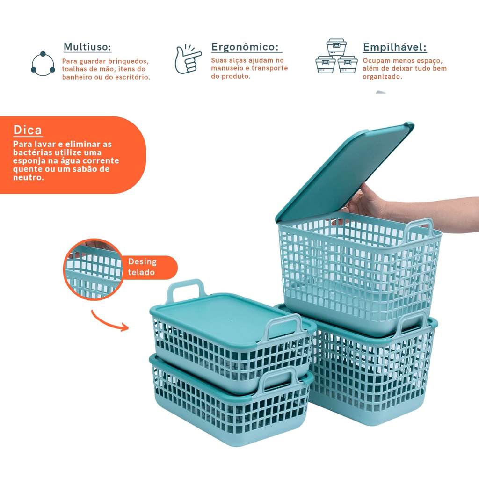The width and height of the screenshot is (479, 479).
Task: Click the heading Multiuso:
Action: point(87,47)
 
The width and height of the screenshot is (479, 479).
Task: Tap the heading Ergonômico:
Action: point(245,47)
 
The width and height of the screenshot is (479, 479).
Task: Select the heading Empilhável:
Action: point(395,47)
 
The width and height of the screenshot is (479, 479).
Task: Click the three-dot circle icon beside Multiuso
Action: point(43,64)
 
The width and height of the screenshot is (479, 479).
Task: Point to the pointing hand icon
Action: point(188,59)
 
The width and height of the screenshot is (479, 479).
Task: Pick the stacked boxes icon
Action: point(336,56)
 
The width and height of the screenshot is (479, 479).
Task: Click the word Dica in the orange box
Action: point(28,130)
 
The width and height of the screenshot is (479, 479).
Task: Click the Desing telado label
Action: point(143,267)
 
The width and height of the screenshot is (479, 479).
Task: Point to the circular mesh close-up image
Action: point(93,269)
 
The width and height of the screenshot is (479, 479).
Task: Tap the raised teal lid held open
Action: point(344,172)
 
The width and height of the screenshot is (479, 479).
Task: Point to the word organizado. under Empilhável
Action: point(382,77)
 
